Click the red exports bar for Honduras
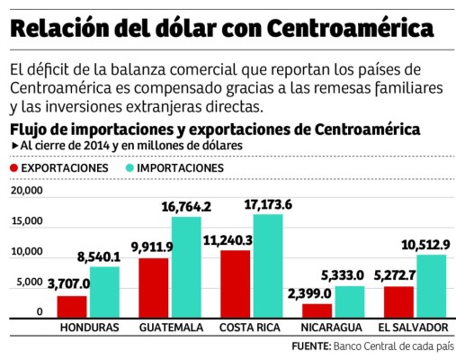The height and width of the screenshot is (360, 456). [73, 306]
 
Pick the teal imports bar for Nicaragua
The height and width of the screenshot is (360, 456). [344, 301]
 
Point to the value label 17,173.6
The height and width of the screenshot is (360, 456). [265, 204]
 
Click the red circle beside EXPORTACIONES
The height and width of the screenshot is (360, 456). [13, 168]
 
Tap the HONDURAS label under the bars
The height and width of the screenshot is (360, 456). [89, 328]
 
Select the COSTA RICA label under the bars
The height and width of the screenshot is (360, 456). [249, 328]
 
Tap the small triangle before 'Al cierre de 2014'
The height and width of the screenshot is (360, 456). [14, 145]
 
